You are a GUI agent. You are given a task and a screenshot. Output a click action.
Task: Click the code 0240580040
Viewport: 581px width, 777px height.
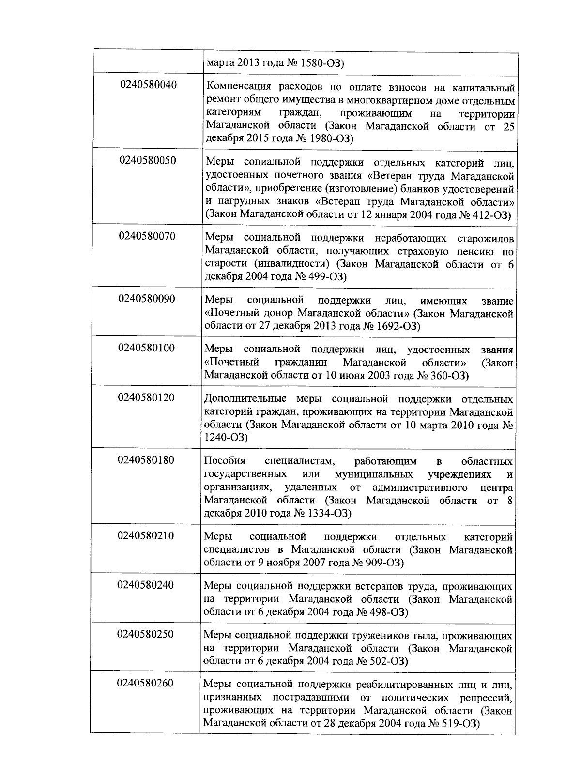[148, 85]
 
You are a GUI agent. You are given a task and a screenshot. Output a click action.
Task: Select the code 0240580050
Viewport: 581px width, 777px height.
[148, 161]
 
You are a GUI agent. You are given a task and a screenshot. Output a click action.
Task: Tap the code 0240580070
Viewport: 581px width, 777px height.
[147, 236]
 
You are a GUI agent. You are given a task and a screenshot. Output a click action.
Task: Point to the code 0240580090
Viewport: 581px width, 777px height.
[147, 299]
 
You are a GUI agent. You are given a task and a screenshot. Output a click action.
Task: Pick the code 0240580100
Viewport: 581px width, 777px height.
[146, 348]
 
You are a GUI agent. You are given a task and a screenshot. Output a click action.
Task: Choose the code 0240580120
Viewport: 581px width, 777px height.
[146, 398]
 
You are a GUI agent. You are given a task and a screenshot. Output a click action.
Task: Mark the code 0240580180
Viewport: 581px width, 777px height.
[146, 460]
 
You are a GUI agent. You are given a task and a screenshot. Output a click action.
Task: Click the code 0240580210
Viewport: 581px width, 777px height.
[145, 536]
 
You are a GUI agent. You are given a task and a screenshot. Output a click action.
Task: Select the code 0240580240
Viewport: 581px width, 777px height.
[145, 585]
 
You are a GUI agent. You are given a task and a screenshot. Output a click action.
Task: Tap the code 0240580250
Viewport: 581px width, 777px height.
[145, 634]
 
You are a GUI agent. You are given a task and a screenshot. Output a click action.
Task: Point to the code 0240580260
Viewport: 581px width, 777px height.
[145, 684]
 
